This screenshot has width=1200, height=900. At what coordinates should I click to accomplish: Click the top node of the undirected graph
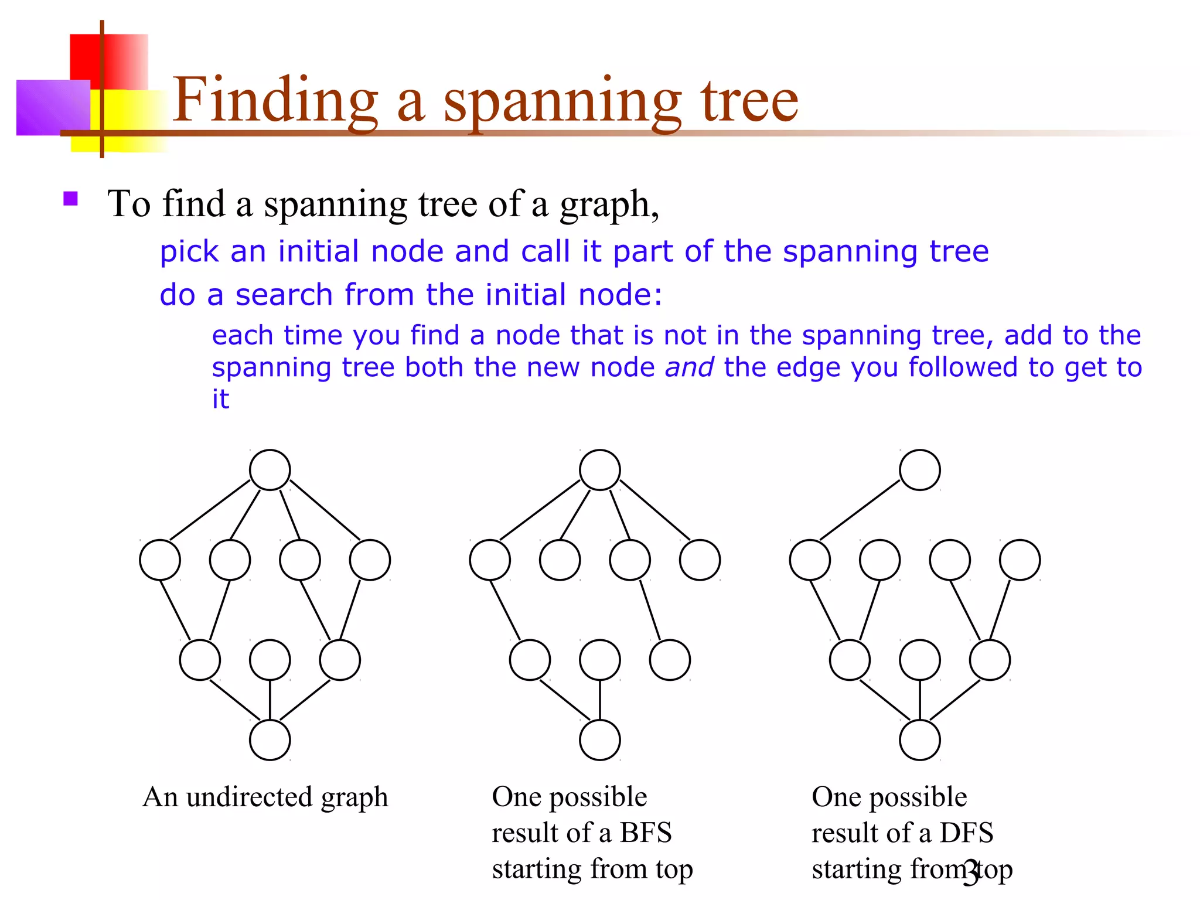tap(270, 470)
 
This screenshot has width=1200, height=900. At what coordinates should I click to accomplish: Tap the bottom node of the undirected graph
tap(270, 740)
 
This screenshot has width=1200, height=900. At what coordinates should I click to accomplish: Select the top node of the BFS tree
tap(599, 470)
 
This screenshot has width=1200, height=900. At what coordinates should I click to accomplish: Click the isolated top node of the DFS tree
tap(919, 470)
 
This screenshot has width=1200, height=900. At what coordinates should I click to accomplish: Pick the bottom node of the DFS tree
tap(919, 740)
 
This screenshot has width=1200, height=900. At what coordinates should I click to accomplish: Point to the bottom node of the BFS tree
tap(599, 740)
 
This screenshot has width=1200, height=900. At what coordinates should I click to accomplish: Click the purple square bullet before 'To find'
tap(71, 199)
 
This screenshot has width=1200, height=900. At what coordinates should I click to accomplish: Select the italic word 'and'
tap(689, 367)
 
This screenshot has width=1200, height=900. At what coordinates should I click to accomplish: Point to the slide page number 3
tap(971, 874)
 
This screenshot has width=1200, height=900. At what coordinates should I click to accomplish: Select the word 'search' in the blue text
tap(284, 294)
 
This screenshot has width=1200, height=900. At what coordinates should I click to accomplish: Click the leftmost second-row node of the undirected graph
tap(159, 560)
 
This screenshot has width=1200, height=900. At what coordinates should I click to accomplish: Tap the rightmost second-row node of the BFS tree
tap(700, 560)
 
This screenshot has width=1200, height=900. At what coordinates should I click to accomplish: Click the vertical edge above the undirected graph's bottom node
tap(270, 700)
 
